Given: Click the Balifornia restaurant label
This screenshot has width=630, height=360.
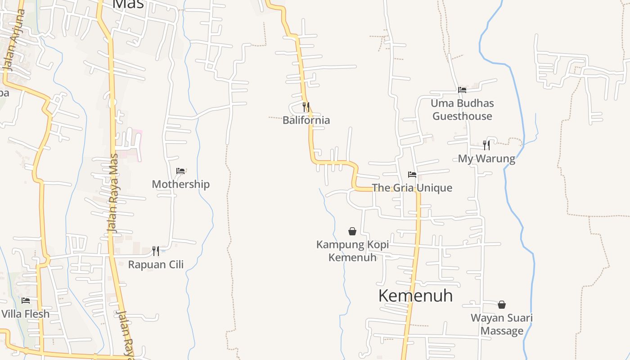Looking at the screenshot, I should pos(306,120).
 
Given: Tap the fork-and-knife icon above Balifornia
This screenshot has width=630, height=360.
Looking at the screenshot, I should pos(306,107).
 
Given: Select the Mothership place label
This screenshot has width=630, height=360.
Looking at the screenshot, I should pos(180,184).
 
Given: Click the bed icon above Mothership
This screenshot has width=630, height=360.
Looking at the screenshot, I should pos(180,171).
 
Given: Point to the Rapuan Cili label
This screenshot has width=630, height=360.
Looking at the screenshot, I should pos(156,265).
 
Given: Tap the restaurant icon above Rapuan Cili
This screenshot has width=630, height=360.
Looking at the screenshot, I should pos(156,251).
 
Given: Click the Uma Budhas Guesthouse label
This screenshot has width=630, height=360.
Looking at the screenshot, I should pos(462,110).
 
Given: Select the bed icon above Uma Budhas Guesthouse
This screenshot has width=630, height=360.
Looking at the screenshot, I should pos(462,90).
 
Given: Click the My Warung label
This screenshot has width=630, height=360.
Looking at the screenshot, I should pos(486,159).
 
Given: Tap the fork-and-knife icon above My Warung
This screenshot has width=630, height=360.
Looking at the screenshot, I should pos(486,145).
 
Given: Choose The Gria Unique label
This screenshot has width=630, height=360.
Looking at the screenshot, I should pos(412,188).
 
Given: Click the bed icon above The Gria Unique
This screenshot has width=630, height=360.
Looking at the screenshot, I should pos(412,175).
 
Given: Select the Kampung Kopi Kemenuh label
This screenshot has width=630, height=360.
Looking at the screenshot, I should pos(352,251).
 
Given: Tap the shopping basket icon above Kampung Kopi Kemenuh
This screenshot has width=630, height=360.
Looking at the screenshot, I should pos(352,231).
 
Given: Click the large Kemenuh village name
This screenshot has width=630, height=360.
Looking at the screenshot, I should pos(415,296).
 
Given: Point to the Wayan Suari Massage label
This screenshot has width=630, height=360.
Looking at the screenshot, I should pos(502,324).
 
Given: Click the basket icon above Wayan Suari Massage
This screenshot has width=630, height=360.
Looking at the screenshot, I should pos(502,305).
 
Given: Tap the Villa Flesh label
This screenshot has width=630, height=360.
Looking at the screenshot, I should pos(26,314).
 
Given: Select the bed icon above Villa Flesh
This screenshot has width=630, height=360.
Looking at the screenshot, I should pos(26,300).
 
